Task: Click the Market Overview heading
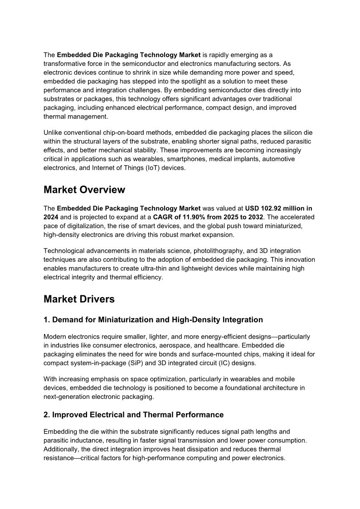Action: click(84, 189)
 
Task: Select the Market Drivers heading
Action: click(79, 299)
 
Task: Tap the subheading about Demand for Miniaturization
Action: click(153, 320)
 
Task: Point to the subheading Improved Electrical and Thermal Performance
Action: click(133, 415)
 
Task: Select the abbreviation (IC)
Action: click(224, 363)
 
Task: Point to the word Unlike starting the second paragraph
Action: click(53, 132)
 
